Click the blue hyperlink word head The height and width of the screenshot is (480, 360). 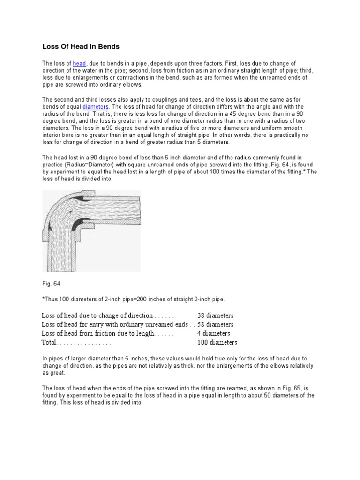[x=79, y=63]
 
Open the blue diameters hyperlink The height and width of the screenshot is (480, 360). [x=96, y=106]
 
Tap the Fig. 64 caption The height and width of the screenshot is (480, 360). [x=50, y=283]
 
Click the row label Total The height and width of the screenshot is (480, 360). [x=49, y=342]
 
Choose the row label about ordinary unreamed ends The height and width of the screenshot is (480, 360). [x=115, y=324]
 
